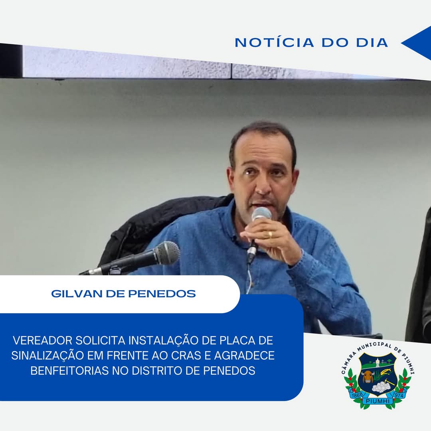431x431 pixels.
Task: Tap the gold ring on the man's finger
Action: pos(270,235)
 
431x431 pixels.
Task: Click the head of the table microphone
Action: pos(166,253)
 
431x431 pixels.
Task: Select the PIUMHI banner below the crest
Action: pos(378,401)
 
